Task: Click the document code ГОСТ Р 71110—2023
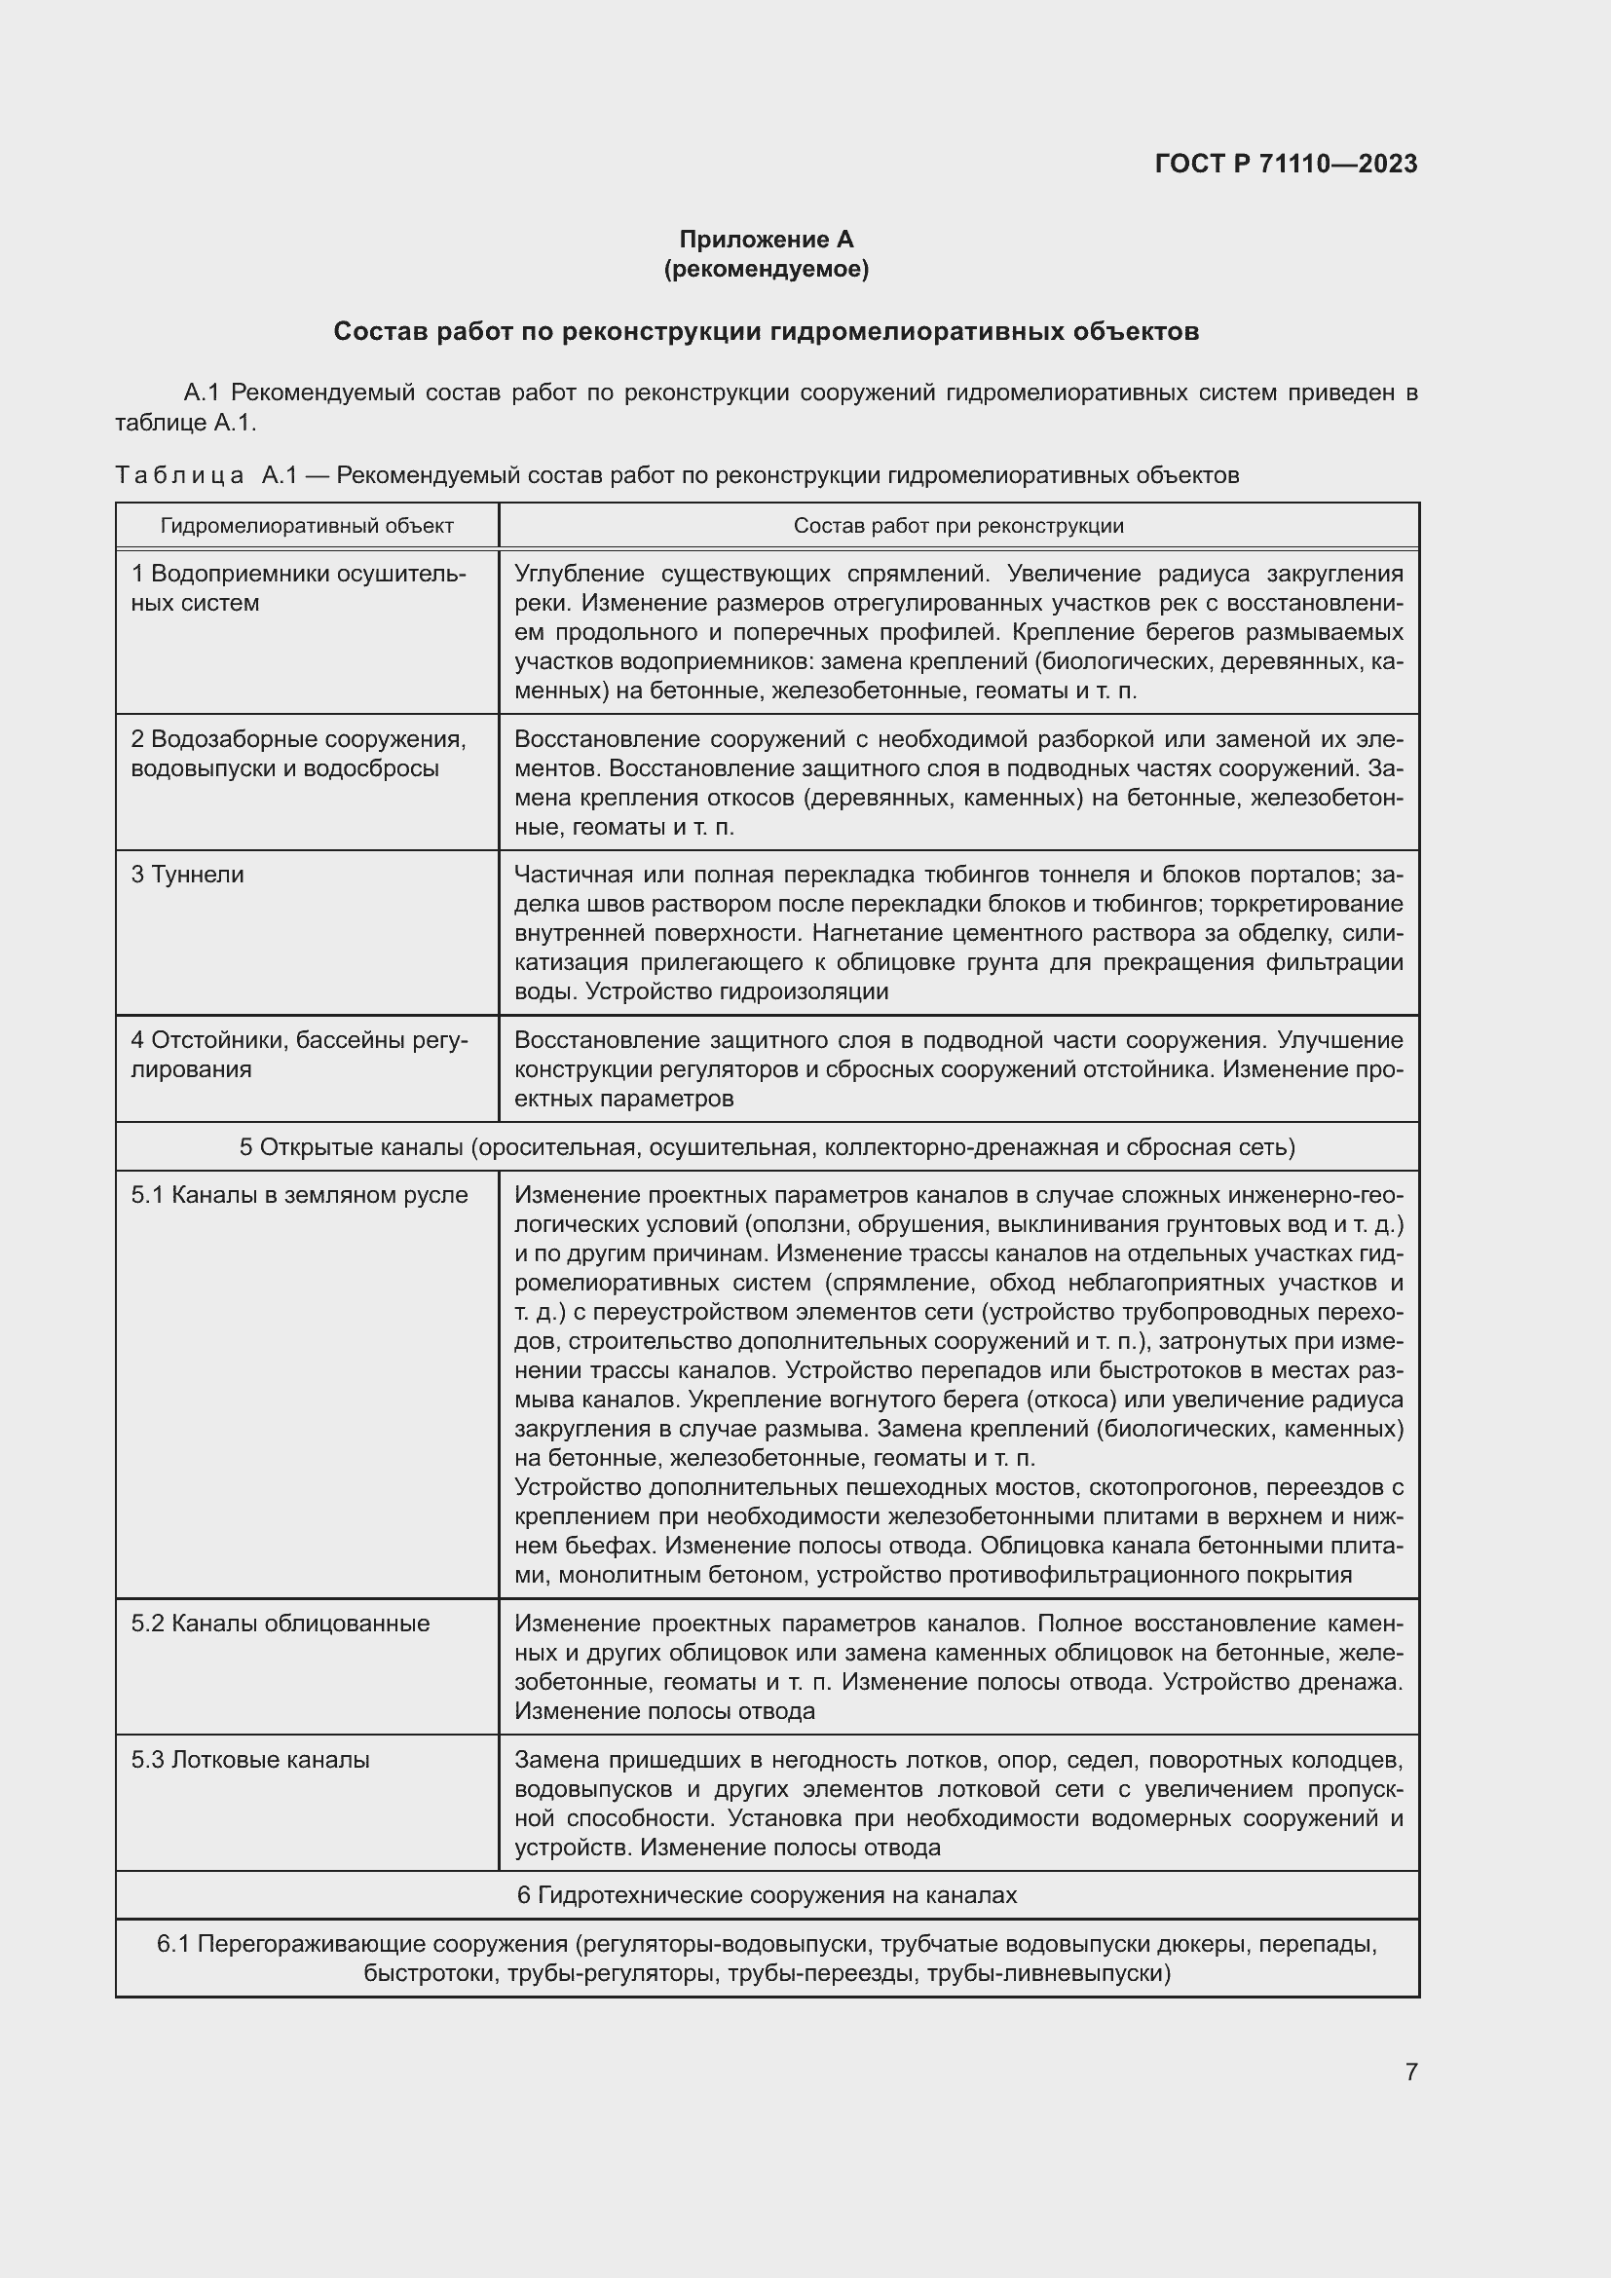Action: pos(1286,164)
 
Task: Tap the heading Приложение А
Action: pos(766,240)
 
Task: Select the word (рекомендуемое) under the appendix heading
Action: pos(766,269)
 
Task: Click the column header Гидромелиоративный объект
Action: pos(307,526)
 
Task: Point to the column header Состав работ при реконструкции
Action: pos(958,526)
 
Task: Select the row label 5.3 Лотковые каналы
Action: pos(250,1759)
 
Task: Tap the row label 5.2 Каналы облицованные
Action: pos(280,1624)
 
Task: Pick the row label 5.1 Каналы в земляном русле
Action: pos(299,1195)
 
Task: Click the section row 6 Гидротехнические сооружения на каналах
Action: pos(767,1895)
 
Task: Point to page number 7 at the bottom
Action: pos(1410,2072)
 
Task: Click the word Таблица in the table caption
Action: pos(179,475)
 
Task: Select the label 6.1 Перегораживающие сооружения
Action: pos(362,1944)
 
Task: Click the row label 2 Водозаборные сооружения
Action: pos(298,739)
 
